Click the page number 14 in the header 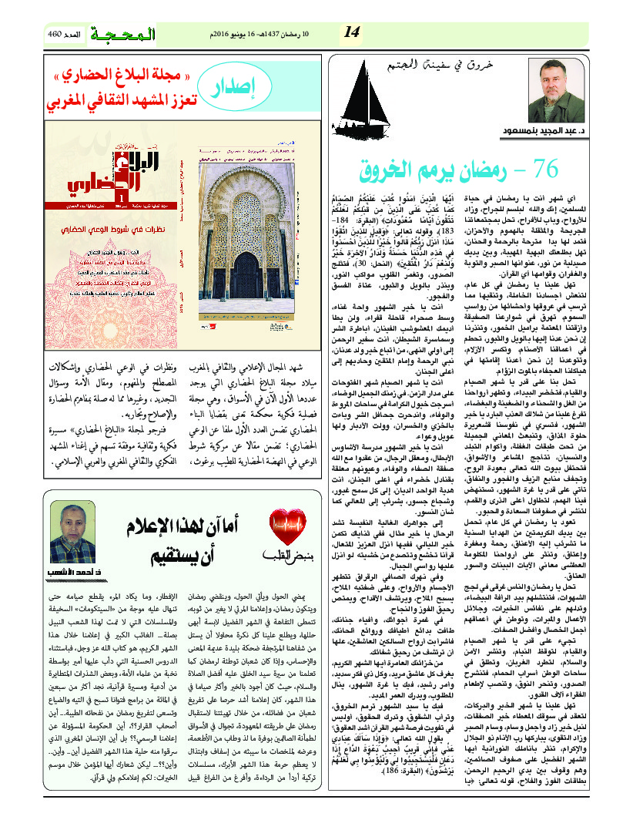coord(352,32)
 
